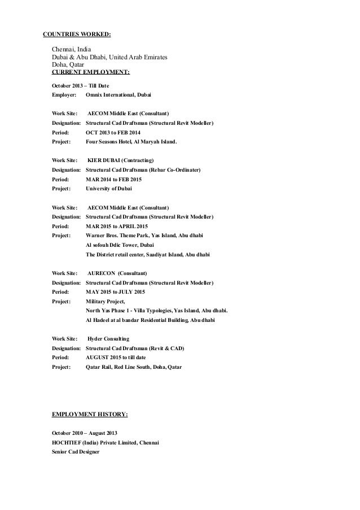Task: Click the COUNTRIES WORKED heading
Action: (77, 34)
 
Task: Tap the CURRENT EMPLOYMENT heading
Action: (90, 72)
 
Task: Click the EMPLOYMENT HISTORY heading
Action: (90, 415)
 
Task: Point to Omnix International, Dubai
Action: (118, 94)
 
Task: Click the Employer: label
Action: (63, 94)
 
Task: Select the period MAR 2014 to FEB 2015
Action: (114, 179)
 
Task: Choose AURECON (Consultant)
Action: (117, 272)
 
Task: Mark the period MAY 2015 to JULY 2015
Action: (115, 291)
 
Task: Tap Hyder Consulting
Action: (109, 338)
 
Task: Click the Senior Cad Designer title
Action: (75, 452)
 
